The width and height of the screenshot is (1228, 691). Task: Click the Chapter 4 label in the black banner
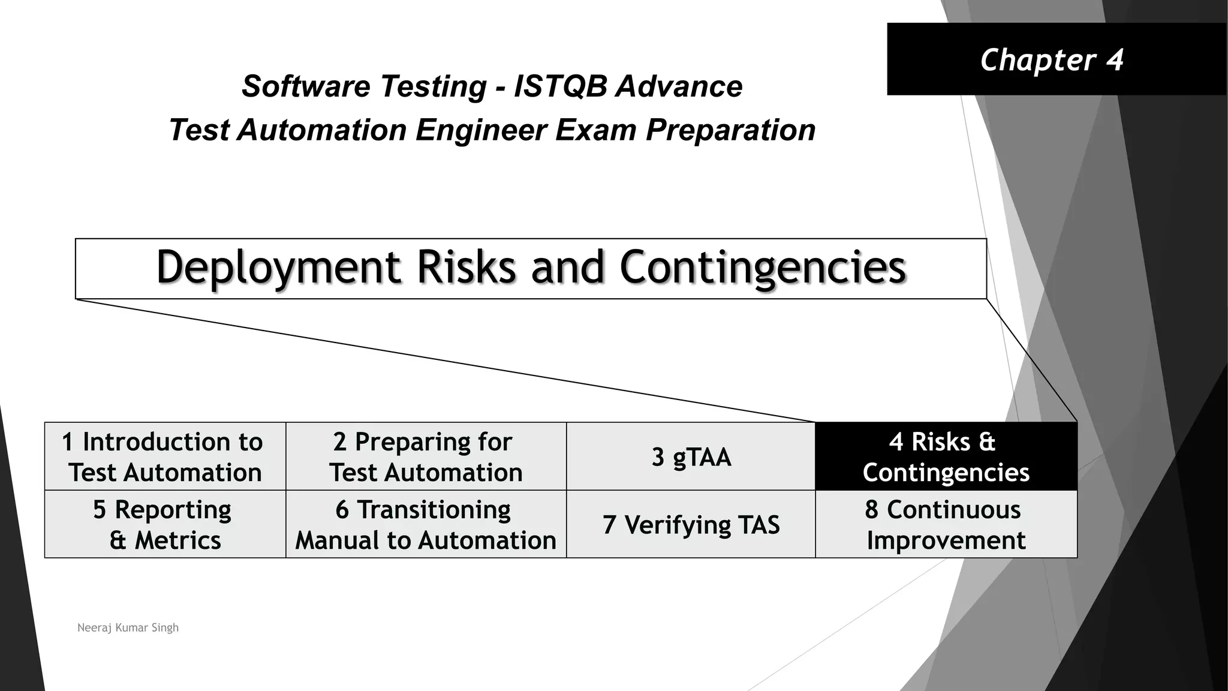(1051, 60)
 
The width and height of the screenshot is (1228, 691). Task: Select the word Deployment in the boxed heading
(278, 268)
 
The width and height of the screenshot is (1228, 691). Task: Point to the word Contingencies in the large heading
(762, 268)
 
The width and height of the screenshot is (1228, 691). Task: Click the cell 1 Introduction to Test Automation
(165, 456)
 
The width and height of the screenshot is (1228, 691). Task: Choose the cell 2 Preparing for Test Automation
(426, 456)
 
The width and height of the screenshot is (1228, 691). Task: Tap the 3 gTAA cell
(691, 457)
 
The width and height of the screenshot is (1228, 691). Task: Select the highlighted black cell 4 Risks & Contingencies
(946, 456)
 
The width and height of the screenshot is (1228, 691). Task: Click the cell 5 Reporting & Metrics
(165, 524)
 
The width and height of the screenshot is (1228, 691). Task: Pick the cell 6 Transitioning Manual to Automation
(426, 524)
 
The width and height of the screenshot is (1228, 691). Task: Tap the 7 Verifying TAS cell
(691, 525)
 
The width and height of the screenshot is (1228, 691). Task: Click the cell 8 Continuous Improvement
(946, 524)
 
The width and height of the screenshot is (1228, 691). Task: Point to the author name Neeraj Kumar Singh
(128, 627)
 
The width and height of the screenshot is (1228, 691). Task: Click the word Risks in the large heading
(466, 268)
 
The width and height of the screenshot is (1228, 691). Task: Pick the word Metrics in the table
(177, 540)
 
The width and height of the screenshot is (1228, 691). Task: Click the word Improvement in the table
(946, 540)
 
